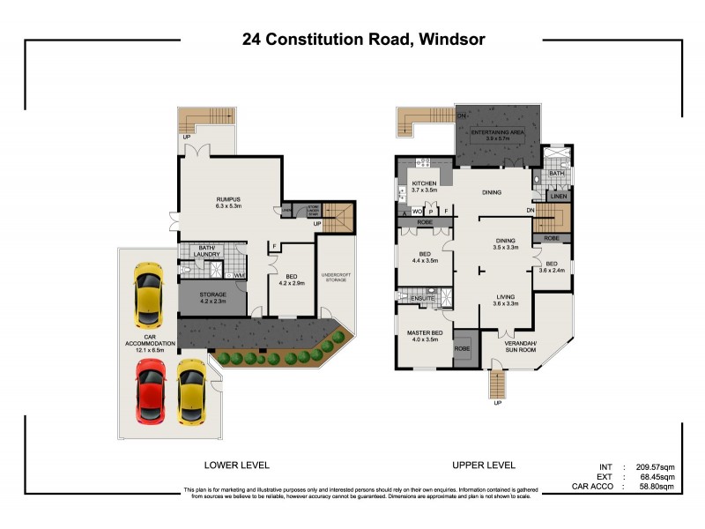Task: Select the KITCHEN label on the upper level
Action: coord(424,183)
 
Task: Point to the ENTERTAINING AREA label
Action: coord(497,131)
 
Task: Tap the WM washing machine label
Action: coord(239,276)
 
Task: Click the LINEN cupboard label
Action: coord(558,197)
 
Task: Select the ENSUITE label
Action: coord(422,299)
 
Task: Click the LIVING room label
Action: coord(505,298)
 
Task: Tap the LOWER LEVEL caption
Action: coord(237,465)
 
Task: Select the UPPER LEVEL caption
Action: coord(484,465)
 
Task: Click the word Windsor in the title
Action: coord(446,40)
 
